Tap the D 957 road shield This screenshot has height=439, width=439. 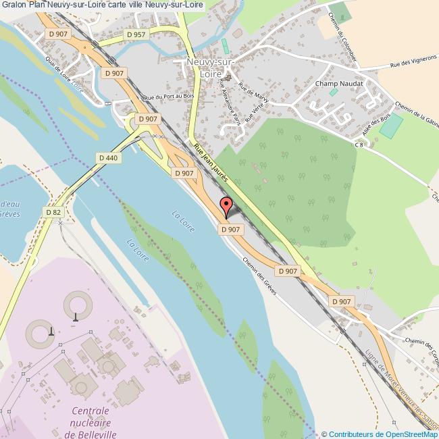tap(135, 34)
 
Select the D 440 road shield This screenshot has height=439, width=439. tap(108, 157)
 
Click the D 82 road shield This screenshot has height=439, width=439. tap(53, 212)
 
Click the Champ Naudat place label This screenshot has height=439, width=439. tap(339, 84)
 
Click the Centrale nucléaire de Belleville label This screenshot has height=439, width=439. tap(91, 422)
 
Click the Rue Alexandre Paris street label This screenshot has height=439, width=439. tap(230, 101)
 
